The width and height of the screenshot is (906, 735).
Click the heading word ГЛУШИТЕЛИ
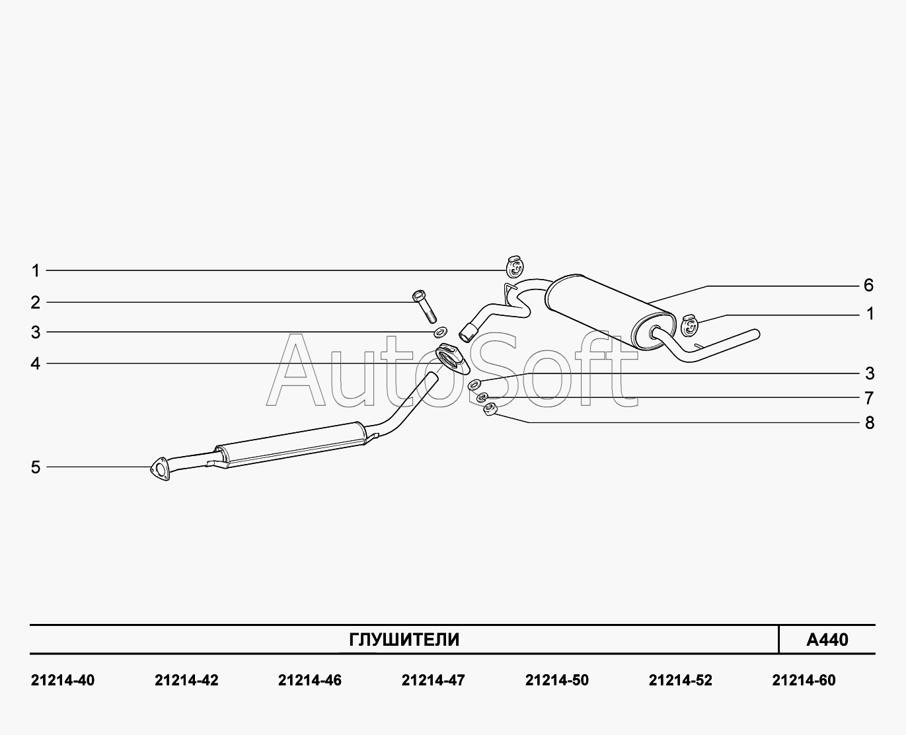click(404, 640)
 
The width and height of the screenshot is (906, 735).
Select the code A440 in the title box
click(827, 640)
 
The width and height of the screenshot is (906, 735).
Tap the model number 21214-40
click(63, 681)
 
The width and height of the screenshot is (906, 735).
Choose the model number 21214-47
click(434, 681)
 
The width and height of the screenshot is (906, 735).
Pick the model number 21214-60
click(804, 681)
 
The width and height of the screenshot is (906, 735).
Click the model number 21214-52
click(681, 681)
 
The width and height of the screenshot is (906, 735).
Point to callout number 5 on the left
click(35, 467)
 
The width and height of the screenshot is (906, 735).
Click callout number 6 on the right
click(868, 286)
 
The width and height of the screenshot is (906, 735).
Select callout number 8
click(870, 423)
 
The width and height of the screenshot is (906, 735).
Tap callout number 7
click(870, 398)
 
